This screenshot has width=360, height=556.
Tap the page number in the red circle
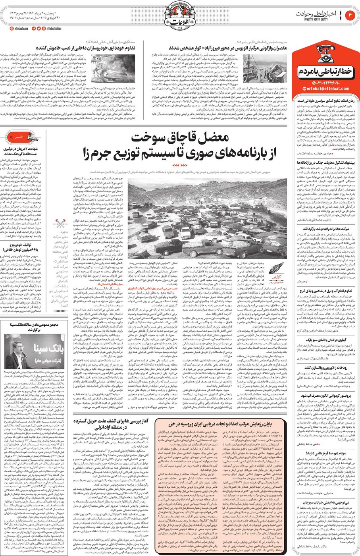click(x=350, y=15)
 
